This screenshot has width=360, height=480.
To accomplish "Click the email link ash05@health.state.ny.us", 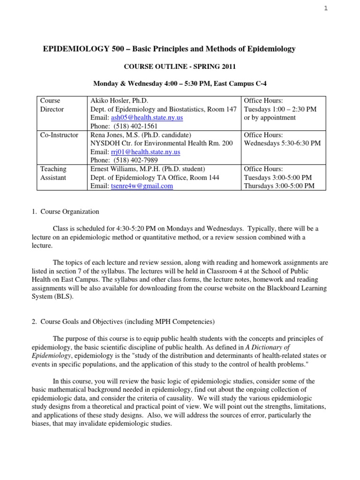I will pyautogui.click(x=135, y=118).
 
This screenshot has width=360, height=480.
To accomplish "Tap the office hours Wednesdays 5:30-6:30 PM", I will pyautogui.click(x=282, y=143).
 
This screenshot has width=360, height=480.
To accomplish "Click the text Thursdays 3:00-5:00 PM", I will pyautogui.click(x=279, y=186).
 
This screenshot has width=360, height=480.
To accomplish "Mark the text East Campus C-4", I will pyautogui.click(x=240, y=83).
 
